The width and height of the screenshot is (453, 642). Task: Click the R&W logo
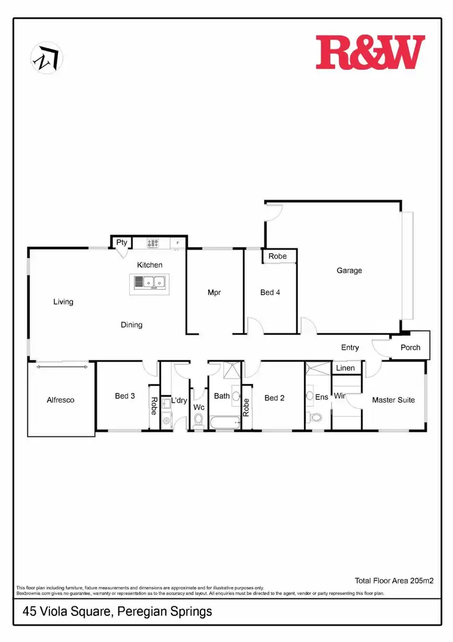pyautogui.click(x=370, y=52)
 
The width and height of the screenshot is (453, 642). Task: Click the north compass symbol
pyautogui.click(x=47, y=57)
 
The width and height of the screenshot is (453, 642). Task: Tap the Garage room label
pyautogui.click(x=349, y=270)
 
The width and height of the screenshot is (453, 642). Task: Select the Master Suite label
pyautogui.click(x=393, y=400)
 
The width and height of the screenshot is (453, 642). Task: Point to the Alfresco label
pyautogui.click(x=60, y=400)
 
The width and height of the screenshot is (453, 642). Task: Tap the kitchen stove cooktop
pyautogui.click(x=153, y=244)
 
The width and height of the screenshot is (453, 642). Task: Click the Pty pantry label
pyautogui.click(x=122, y=242)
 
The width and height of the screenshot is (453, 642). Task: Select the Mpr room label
pyautogui.click(x=214, y=292)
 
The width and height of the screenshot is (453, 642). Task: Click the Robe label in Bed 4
pyautogui.click(x=278, y=256)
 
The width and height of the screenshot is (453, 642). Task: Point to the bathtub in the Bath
pyautogui.click(x=224, y=421)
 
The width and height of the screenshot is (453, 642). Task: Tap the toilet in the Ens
pyautogui.click(x=314, y=417)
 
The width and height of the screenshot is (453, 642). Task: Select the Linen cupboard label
pyautogui.click(x=345, y=368)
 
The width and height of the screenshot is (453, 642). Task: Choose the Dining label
pyautogui.click(x=132, y=325)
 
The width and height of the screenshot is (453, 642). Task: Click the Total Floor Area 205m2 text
pyautogui.click(x=394, y=580)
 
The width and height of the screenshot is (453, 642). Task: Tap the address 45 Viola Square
pyautogui.click(x=117, y=611)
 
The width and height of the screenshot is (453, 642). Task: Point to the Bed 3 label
pyautogui.click(x=125, y=396)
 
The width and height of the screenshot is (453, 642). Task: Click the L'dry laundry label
pyautogui.click(x=179, y=400)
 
